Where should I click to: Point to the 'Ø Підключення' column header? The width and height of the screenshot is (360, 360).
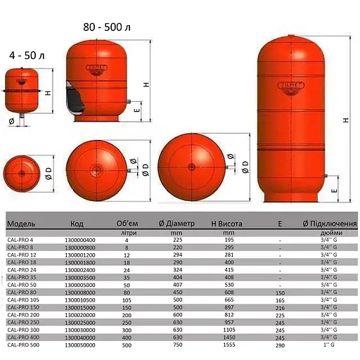pos(329,224)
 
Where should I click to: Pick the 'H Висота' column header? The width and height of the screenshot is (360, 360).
pos(228,224)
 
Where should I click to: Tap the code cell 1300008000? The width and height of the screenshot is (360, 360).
pos(79,291)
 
